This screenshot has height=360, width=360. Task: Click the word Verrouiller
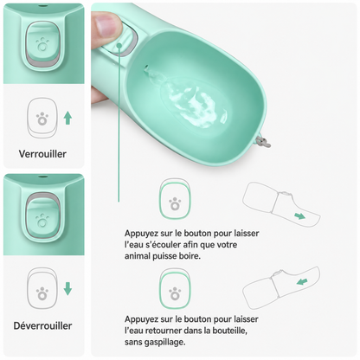point(42,154)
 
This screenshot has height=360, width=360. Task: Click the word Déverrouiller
point(42,326)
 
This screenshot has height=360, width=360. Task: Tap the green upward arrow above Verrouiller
point(67,119)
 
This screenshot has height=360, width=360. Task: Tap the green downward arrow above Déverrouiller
point(67,289)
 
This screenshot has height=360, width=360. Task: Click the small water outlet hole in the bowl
point(146,67)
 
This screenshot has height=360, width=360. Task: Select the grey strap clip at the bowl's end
point(262,141)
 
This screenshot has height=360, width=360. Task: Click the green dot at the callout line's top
point(119,46)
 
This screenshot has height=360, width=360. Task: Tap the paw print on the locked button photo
point(42,44)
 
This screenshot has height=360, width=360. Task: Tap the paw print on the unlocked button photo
point(42,222)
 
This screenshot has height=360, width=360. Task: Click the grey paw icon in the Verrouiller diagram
point(42,119)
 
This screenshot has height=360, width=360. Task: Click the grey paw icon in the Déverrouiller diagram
point(42,293)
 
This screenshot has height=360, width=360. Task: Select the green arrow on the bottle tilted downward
point(300,215)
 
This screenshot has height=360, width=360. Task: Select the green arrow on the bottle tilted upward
point(302,281)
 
